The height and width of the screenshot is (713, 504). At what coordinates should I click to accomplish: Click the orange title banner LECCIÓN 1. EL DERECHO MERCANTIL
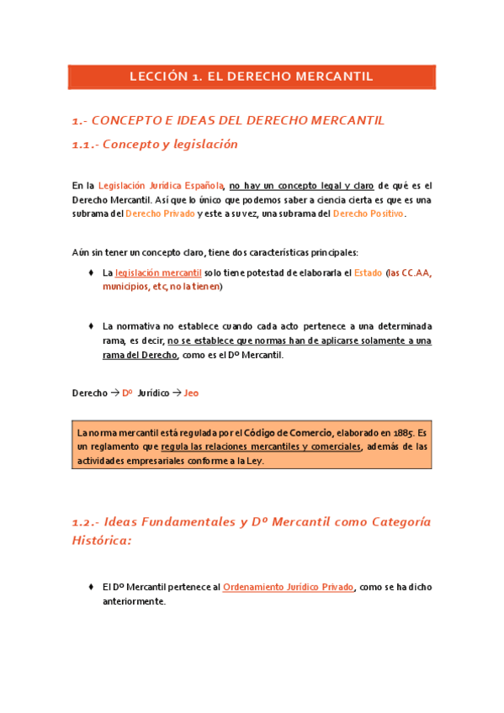click(x=251, y=77)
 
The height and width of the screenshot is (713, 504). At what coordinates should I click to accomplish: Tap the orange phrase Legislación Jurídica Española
click(x=161, y=185)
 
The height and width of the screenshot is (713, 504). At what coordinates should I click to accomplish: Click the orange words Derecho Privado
click(x=160, y=214)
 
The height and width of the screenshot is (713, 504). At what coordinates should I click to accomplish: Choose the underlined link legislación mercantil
click(x=158, y=272)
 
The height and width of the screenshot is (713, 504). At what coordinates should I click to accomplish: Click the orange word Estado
click(x=368, y=272)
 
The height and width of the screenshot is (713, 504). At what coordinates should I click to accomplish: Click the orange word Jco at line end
click(x=191, y=393)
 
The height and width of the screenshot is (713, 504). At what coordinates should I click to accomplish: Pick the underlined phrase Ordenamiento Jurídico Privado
click(x=289, y=587)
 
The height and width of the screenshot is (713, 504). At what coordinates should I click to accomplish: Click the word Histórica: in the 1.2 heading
click(x=102, y=541)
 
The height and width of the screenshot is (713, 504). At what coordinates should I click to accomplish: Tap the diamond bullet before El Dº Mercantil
click(x=90, y=587)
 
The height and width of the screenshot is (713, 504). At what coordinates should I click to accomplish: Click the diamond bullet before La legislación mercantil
click(x=90, y=272)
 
